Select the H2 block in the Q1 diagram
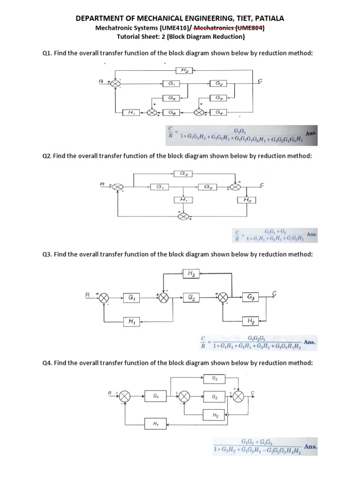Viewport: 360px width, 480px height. pyautogui.click(x=184, y=70)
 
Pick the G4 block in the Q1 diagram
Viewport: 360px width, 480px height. pyautogui.click(x=219, y=112)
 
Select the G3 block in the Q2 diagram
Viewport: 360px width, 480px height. pyautogui.click(x=182, y=173)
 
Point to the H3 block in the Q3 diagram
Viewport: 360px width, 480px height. pyautogui.click(x=192, y=273)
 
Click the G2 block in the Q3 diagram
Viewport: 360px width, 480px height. pyautogui.click(x=192, y=297)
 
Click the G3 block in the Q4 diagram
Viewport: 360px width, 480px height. pyautogui.click(x=215, y=378)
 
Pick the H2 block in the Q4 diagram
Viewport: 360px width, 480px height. pyautogui.click(x=215, y=415)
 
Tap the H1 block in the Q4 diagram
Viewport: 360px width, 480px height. pyautogui.click(x=155, y=423)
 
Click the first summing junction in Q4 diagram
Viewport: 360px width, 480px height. pyautogui.click(x=124, y=397)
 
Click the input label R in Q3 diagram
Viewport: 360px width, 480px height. pyautogui.click(x=87, y=295)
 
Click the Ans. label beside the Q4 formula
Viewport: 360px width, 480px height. pyautogui.click(x=310, y=447)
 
